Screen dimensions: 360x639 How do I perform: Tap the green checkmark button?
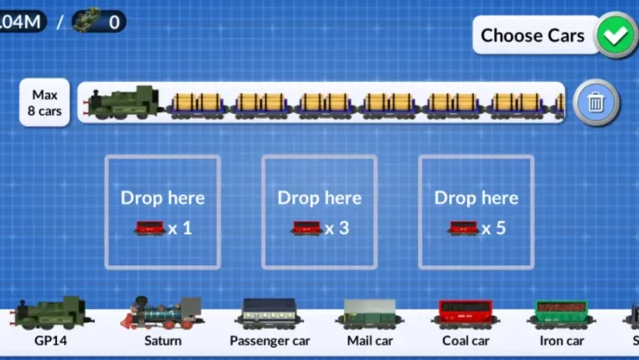(614, 36)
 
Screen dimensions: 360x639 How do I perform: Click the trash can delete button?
(596, 103)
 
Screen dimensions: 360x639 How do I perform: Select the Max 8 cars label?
(44, 103)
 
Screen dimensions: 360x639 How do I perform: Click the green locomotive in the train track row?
(123, 103)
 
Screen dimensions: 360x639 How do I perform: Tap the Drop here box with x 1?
(162, 212)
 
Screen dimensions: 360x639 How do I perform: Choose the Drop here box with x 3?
(319, 212)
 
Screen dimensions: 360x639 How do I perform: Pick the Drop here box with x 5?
(476, 212)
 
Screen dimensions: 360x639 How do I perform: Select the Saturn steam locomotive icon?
(163, 313)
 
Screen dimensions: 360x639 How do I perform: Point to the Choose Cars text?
(533, 36)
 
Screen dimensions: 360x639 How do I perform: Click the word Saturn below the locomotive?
(163, 341)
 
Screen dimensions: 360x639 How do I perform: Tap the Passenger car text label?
(269, 341)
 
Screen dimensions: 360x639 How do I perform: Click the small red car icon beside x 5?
(463, 228)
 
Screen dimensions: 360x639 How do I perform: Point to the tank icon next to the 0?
(87, 19)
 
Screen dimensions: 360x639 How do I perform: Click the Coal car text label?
(465, 341)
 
